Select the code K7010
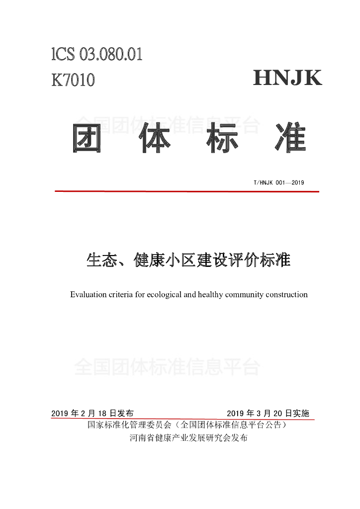[x=73, y=80]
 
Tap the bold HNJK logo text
[x=287, y=79]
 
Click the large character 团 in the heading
[x=88, y=137]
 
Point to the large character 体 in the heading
[x=155, y=137]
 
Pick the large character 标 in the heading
[x=222, y=137]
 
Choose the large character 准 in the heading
[x=290, y=137]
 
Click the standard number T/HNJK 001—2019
[x=278, y=182]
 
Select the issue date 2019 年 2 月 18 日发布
[x=92, y=414]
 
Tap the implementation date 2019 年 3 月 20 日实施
[x=268, y=414]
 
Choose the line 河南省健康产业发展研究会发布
[x=188, y=438]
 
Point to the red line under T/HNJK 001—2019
[x=186, y=191]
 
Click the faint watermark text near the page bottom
[x=167, y=368]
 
